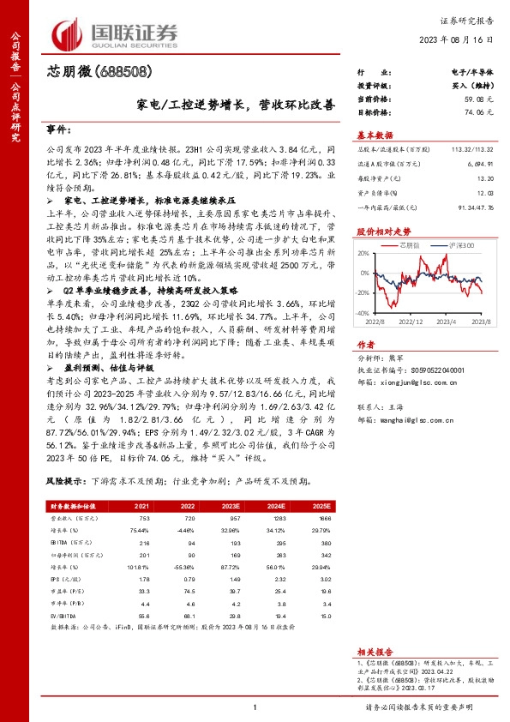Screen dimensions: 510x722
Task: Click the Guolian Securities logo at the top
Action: pyautogui.click(x=117, y=33)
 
